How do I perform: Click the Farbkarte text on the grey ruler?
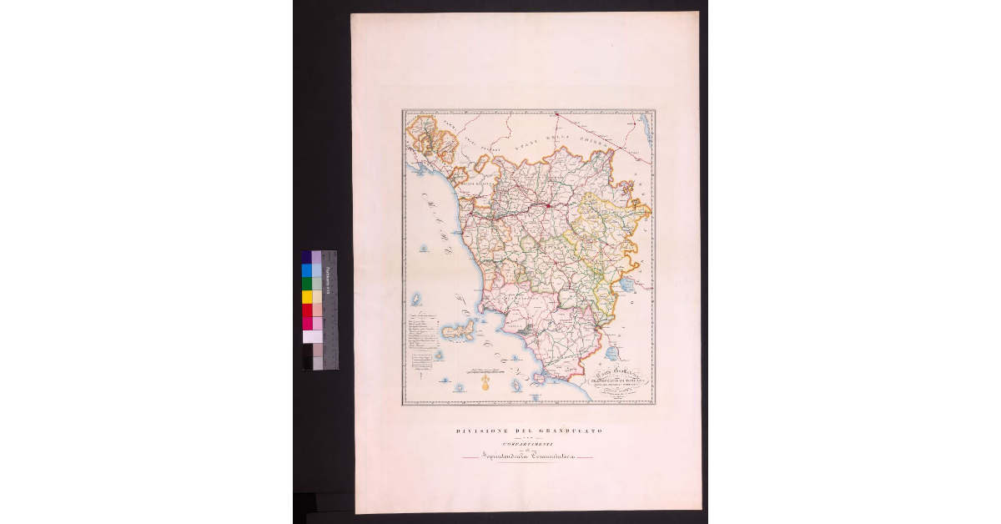(x=328, y=275)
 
